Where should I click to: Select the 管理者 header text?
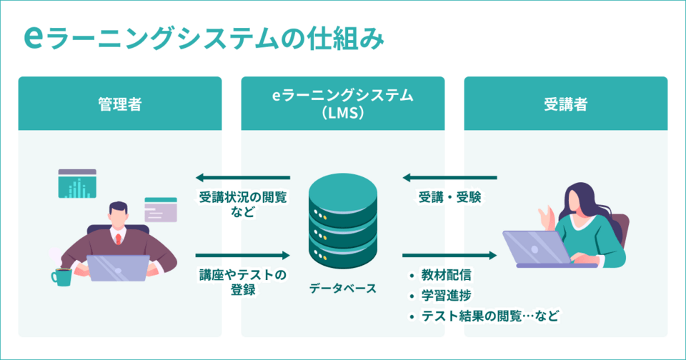119,104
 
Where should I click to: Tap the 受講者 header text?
565,104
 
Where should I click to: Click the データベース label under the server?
342,289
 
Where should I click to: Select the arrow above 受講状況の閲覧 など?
243,177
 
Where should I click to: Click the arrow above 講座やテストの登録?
243,255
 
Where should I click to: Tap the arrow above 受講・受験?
449,177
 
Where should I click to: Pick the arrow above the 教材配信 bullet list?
449,255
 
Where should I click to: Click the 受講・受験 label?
449,198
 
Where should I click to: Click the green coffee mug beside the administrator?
62,276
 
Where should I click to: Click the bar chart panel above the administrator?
77,184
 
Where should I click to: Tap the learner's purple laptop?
533,248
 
